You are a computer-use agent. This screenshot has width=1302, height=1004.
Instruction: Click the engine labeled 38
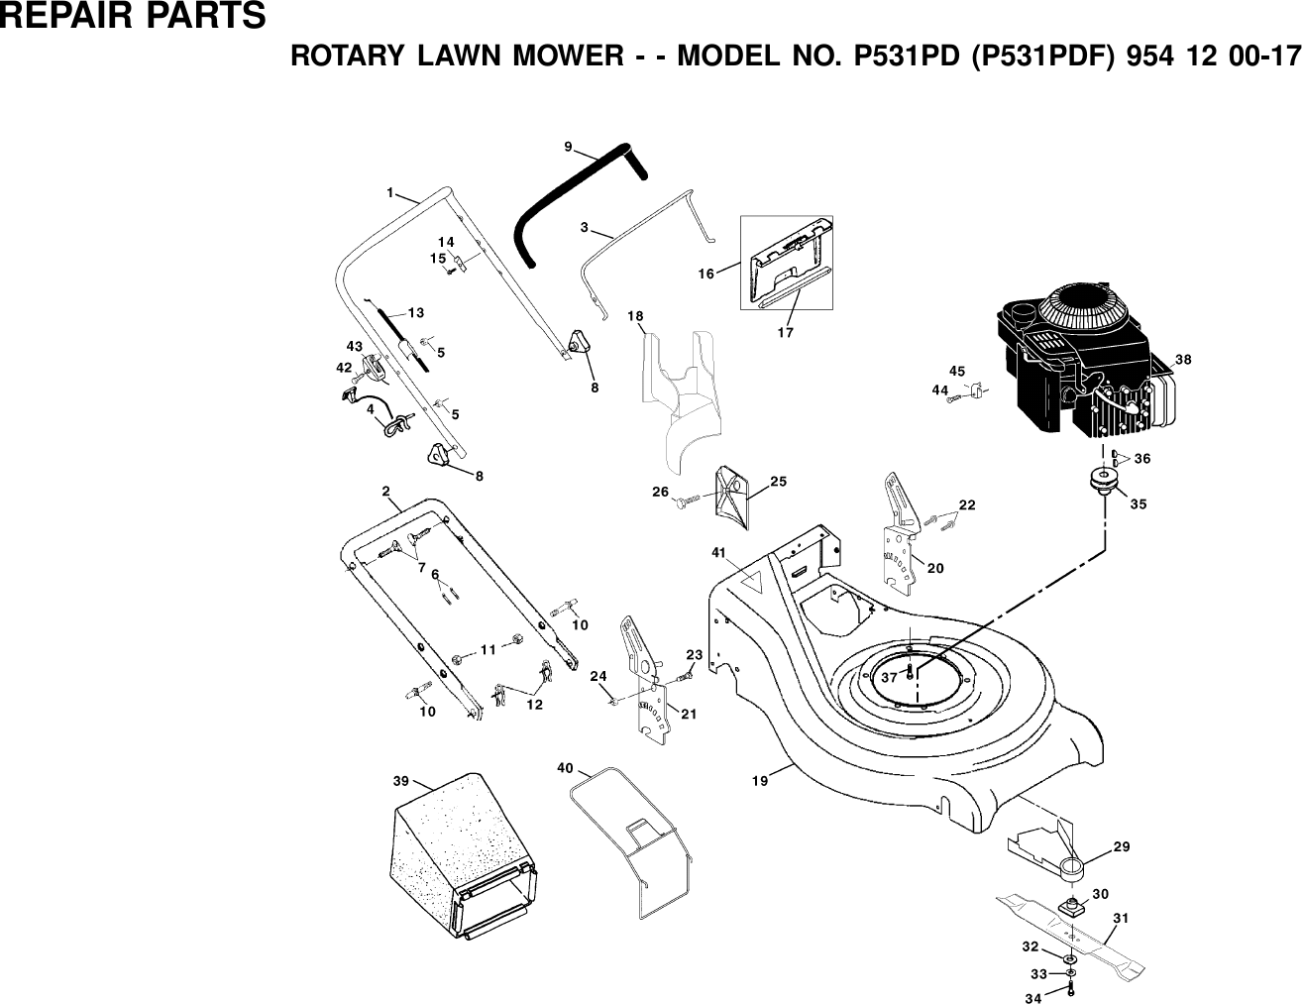click(x=1080, y=367)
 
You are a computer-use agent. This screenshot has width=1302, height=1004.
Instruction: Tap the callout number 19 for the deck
click(x=759, y=782)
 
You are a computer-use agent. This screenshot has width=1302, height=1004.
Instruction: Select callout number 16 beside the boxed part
click(x=705, y=274)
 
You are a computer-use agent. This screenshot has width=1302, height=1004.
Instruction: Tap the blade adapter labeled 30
click(x=1072, y=905)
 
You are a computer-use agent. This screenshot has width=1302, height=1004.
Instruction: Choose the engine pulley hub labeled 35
click(x=1101, y=483)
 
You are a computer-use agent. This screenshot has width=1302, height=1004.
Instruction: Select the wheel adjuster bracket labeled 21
click(x=644, y=684)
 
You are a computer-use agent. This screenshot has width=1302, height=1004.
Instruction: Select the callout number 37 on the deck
click(x=889, y=677)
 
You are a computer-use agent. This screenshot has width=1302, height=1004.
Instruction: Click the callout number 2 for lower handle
click(x=384, y=491)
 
